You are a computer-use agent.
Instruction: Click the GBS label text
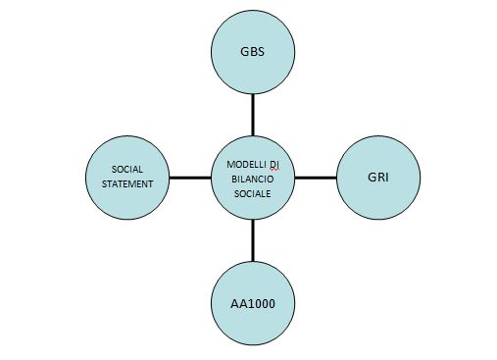click(252, 52)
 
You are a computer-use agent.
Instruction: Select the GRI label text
click(378, 178)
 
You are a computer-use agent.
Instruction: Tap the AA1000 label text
click(253, 304)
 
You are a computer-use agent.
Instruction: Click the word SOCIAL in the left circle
click(127, 170)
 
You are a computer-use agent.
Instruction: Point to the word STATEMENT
click(127, 184)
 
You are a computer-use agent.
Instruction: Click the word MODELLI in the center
click(246, 164)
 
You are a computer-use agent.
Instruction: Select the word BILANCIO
click(253, 180)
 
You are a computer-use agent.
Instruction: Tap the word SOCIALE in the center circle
click(253, 194)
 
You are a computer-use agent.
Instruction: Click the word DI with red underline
click(274, 165)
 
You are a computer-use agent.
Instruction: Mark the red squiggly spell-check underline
click(274, 170)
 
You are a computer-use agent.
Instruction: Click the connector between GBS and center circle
click(253, 115)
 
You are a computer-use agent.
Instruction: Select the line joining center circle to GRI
click(316, 178)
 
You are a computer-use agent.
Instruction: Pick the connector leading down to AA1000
click(253, 240)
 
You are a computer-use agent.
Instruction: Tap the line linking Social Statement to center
click(190, 178)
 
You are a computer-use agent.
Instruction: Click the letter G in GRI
click(372, 178)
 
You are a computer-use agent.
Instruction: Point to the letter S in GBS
click(261, 52)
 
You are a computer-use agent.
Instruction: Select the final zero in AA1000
click(272, 304)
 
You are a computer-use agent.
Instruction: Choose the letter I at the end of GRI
click(387, 178)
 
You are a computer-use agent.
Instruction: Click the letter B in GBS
click(253, 52)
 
